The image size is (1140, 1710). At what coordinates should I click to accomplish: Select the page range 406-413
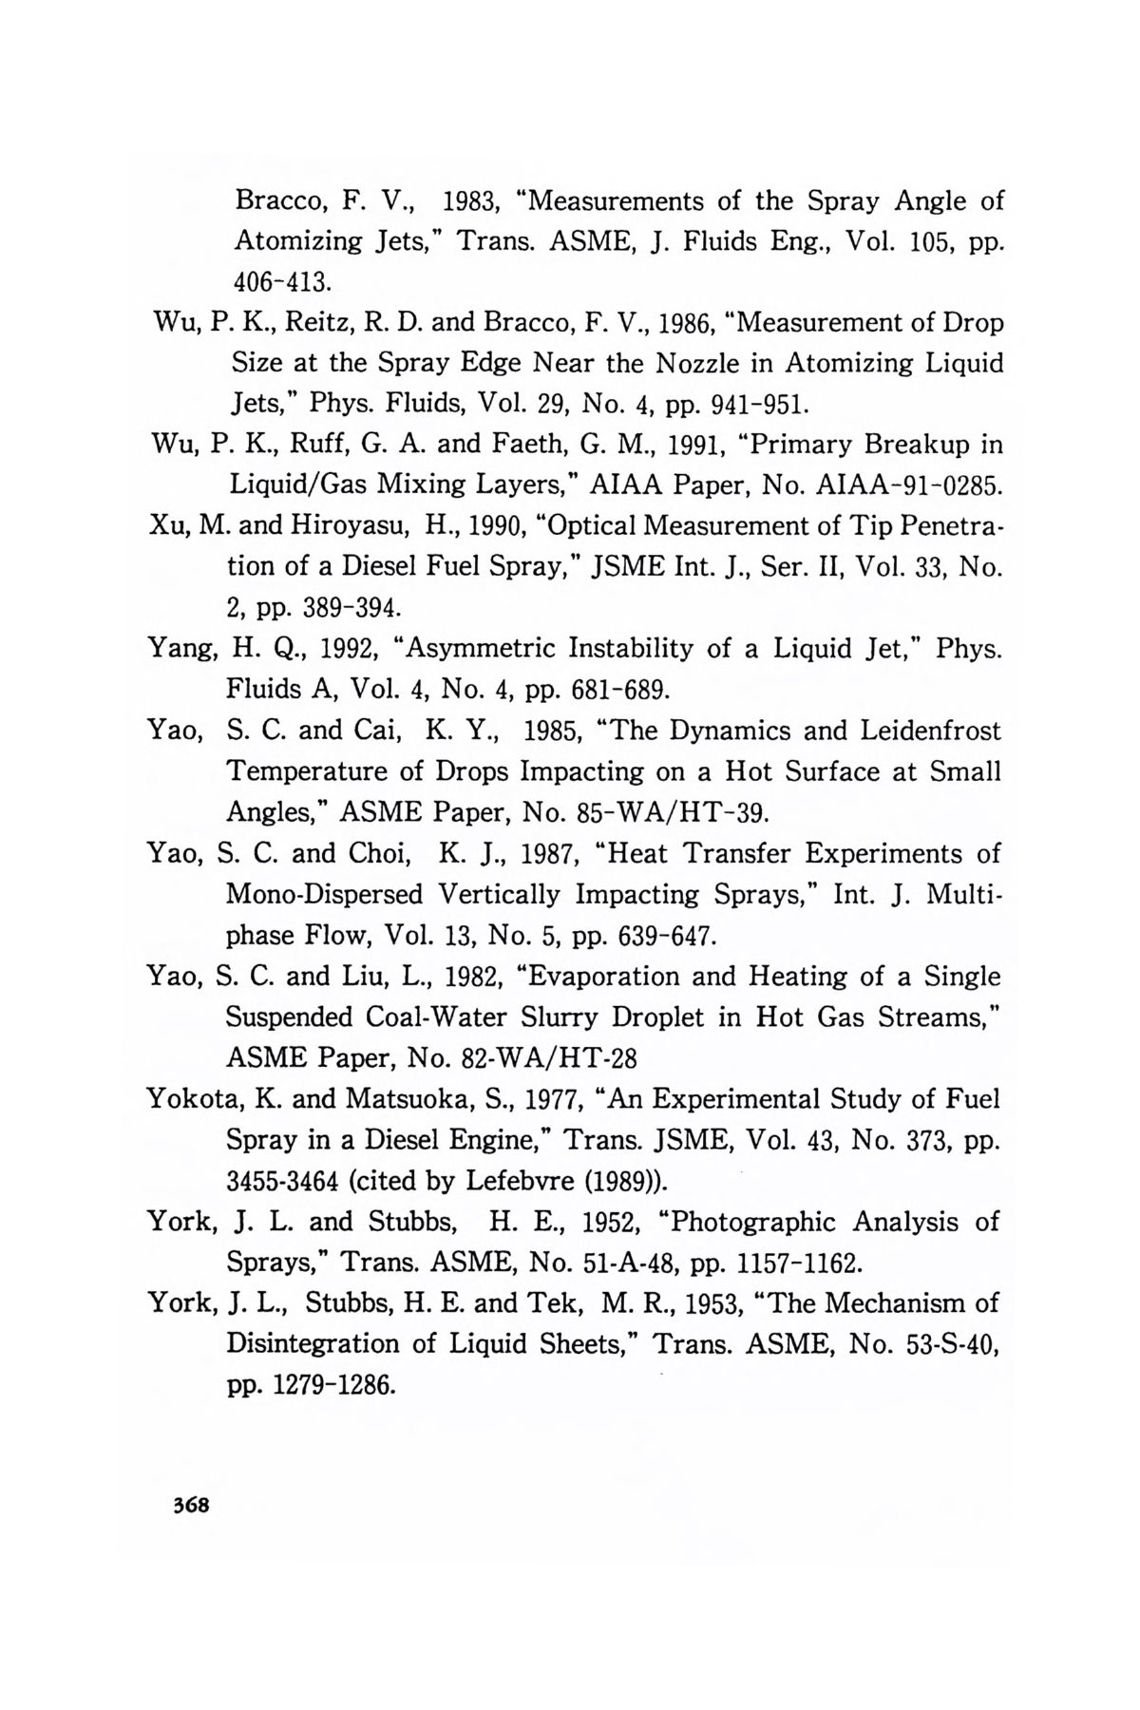pos(282,282)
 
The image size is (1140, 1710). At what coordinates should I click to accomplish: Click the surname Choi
pos(378,853)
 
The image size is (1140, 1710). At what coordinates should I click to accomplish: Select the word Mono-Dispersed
pos(325,894)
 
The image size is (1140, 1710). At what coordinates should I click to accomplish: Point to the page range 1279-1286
pos(332,1385)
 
